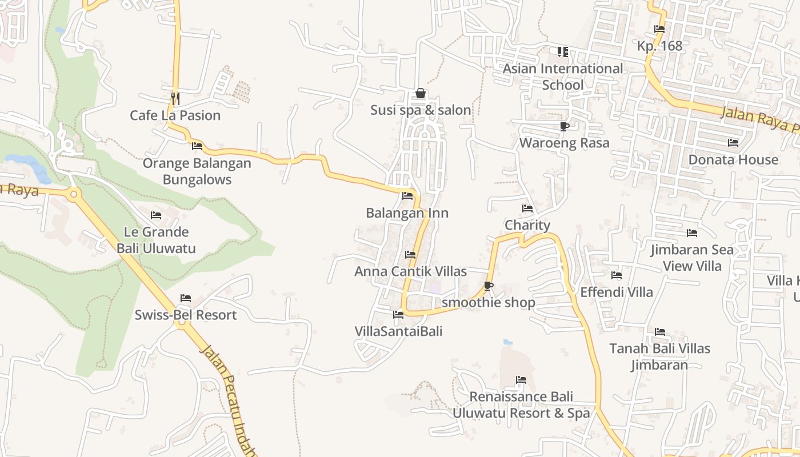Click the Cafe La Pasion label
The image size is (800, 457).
coord(175,115)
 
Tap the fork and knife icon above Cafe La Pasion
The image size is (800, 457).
coord(175,98)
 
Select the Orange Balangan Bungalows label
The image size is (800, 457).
coord(197,171)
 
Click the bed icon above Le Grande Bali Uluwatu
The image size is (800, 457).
coord(156,215)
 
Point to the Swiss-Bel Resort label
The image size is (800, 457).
coord(185,315)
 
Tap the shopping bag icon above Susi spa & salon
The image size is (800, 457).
coord(421,93)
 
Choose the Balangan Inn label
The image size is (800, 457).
coord(407,213)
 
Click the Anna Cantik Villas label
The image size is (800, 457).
coord(410,271)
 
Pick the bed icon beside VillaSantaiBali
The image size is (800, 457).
coord(398,315)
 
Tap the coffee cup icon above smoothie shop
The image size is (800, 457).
coord(488,286)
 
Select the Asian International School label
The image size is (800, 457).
coord(563,77)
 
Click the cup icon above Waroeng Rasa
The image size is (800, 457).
coord(564,126)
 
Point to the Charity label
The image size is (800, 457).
coord(527,225)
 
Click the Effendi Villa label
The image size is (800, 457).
coord(616,292)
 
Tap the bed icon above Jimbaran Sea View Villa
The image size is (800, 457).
coord(692,233)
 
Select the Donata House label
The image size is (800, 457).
coord(733,159)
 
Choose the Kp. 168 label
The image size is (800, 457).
coord(659,46)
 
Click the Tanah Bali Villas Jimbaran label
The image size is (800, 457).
coord(659,356)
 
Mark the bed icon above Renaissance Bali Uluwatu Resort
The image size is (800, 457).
coord(521,380)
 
